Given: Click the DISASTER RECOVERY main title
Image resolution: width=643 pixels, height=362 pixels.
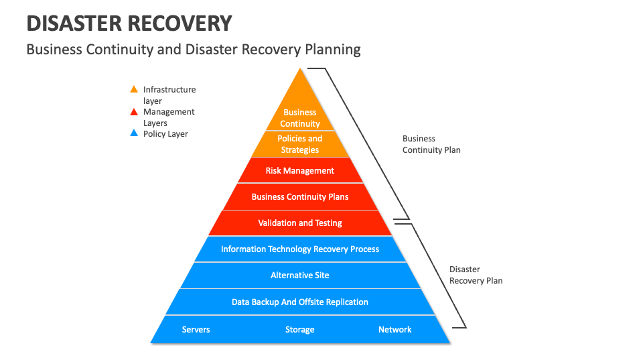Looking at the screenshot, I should pyautogui.click(x=129, y=23).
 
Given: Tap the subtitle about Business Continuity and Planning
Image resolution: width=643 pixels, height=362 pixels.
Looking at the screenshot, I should pyautogui.click(x=193, y=49).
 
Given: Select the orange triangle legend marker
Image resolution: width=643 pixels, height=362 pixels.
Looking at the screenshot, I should pyautogui.click(x=134, y=89).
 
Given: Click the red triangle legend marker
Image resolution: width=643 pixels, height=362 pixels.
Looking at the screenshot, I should pyautogui.click(x=134, y=112).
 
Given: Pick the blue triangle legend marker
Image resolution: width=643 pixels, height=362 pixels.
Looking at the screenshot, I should pyautogui.click(x=134, y=133).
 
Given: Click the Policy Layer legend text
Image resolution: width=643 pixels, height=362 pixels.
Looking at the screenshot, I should pyautogui.click(x=165, y=134).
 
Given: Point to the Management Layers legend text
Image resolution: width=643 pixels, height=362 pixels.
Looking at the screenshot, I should pyautogui.click(x=169, y=117).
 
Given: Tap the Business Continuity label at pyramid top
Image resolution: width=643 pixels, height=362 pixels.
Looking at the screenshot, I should pyautogui.click(x=300, y=118).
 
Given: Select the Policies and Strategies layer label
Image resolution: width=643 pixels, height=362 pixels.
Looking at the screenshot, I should pyautogui.click(x=300, y=144).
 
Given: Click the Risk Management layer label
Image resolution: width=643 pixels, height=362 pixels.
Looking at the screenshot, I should pyautogui.click(x=300, y=171).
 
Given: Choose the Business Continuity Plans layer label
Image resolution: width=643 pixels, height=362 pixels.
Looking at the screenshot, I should pyautogui.click(x=300, y=197).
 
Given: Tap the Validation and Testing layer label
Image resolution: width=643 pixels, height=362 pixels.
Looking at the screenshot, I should pyautogui.click(x=300, y=223).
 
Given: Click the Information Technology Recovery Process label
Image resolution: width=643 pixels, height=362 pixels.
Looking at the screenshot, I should pyautogui.click(x=300, y=249).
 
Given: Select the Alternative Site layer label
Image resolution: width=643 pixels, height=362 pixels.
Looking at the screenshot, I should pyautogui.click(x=300, y=276).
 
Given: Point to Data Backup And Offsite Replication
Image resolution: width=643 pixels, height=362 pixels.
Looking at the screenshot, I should pyautogui.click(x=300, y=302).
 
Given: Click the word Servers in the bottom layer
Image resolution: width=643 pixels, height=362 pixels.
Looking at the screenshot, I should pyautogui.click(x=196, y=330).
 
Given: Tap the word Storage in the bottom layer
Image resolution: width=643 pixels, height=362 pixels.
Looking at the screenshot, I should pyautogui.click(x=300, y=330).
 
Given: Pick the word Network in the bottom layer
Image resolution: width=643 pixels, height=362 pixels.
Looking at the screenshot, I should pyautogui.click(x=395, y=330).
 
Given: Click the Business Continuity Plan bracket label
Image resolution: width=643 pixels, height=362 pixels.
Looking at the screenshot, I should pyautogui.click(x=431, y=144).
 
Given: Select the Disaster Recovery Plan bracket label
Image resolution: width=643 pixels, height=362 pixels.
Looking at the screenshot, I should pyautogui.click(x=476, y=275).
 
